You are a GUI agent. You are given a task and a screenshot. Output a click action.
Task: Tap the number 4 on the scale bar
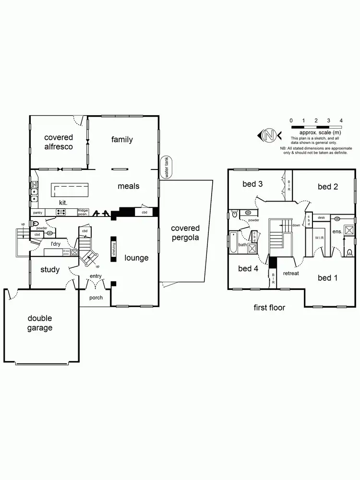pos(341,120)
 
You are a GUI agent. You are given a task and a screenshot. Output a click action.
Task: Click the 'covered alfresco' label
pos(59,142)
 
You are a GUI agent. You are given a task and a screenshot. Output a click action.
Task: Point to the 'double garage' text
pos(39,323)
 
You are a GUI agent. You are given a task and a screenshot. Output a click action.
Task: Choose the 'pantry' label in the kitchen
pos(38,212)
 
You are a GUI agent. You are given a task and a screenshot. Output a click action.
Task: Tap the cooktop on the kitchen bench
pos(62,212)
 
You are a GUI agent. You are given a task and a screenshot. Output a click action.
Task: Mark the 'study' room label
pos(50,270)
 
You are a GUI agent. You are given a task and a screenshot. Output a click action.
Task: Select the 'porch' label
pos(96,298)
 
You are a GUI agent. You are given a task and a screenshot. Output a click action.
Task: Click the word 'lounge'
pos(136,258)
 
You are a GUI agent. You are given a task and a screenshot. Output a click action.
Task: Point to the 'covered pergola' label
pos(185,233)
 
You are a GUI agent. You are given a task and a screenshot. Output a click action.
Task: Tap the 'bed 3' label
pos(252,184)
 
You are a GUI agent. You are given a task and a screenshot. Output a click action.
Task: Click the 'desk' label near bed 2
pos(321,217)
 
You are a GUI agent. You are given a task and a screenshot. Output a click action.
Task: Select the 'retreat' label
pos(291,274)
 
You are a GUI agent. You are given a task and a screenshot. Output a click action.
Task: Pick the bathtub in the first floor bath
pos(234,242)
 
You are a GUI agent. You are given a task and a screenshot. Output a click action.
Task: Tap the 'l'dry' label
pos(58,244)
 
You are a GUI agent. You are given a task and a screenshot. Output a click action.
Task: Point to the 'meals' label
pos(128,186)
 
